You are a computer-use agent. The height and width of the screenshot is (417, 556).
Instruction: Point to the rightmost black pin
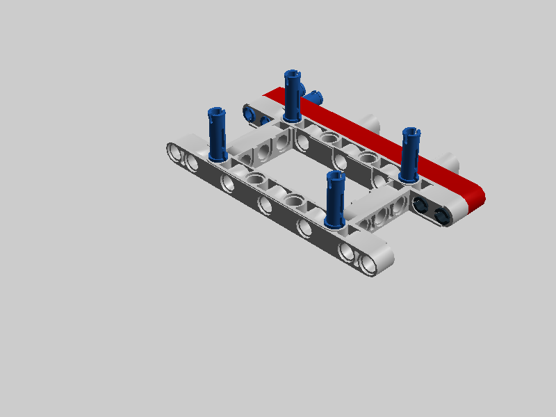[x=441, y=216]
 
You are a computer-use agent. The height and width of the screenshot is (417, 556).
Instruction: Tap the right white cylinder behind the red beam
[x=452, y=165]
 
